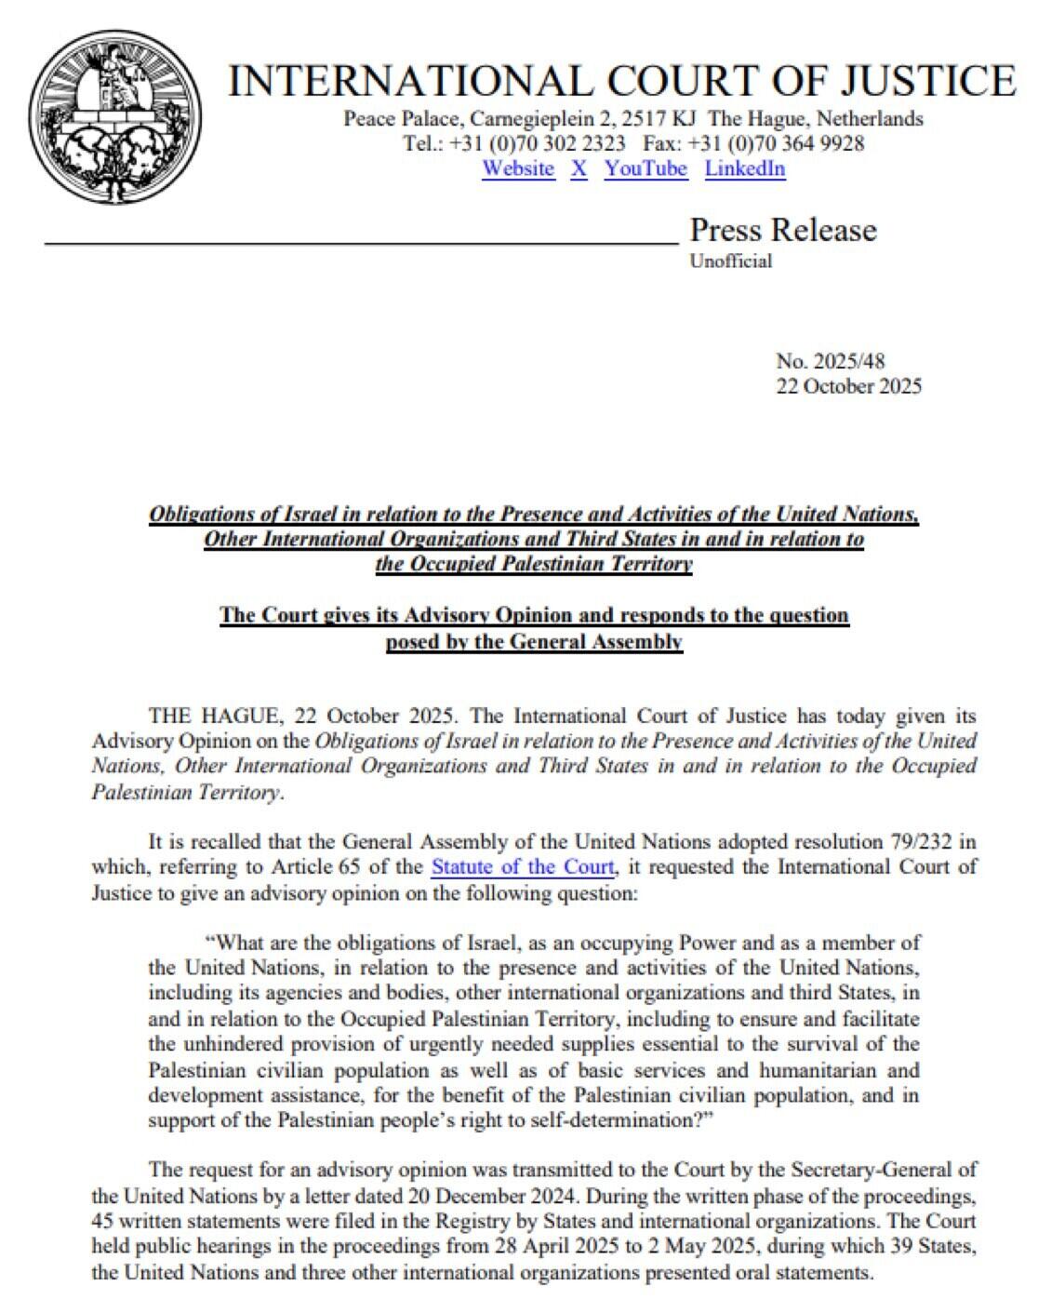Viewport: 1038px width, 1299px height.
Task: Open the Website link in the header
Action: click(518, 168)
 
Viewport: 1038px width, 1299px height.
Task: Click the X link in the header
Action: click(579, 168)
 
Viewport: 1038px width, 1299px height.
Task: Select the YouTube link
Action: click(645, 168)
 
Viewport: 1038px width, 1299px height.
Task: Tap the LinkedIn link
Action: click(745, 168)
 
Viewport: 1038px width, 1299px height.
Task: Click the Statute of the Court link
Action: click(523, 867)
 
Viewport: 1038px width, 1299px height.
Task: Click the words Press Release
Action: click(783, 229)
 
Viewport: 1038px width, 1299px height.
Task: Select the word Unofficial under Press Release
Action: click(730, 261)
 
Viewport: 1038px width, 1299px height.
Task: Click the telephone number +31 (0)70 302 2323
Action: click(537, 143)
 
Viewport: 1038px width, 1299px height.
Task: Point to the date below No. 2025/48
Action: click(849, 386)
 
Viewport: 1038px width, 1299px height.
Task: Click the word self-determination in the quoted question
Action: click(616, 1120)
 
